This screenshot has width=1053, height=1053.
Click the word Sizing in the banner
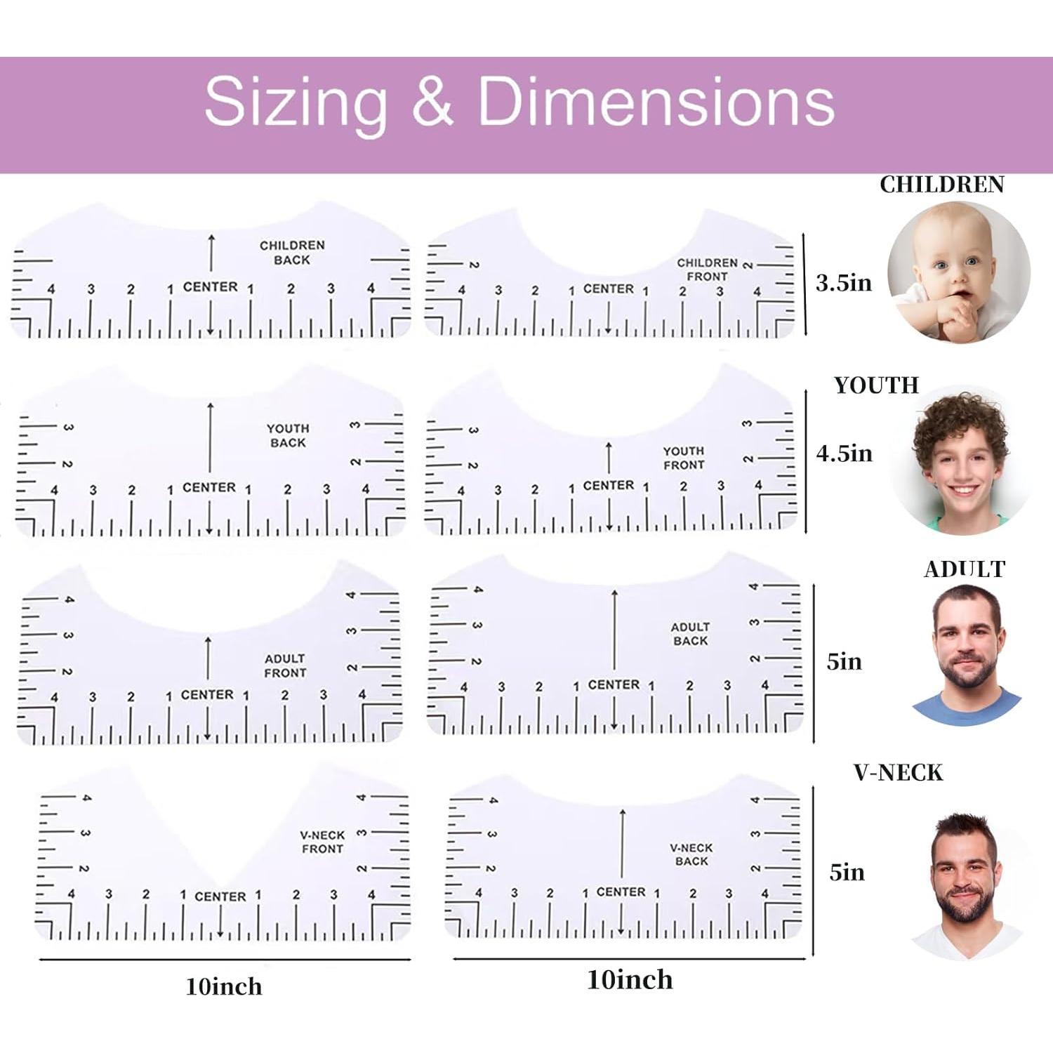click(x=295, y=102)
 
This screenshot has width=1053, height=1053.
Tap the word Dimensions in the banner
click(x=656, y=102)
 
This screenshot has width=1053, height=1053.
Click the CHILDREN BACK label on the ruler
click(x=292, y=253)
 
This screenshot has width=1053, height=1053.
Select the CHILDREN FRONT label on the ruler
click(x=707, y=270)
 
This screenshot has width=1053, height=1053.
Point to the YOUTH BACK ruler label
click(x=288, y=435)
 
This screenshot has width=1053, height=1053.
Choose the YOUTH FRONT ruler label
click(x=684, y=458)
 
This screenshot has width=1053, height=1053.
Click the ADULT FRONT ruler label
click(x=285, y=665)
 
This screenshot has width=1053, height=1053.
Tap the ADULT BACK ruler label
click(x=690, y=634)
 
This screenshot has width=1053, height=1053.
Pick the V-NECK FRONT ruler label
click(x=322, y=842)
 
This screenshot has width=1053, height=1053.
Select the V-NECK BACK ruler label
click(x=691, y=854)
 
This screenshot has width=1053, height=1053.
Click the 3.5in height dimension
click(x=844, y=283)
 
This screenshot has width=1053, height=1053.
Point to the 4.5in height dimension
click(x=844, y=453)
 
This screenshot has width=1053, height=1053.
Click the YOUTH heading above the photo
click(x=876, y=385)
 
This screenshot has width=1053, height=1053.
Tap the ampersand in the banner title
click(x=432, y=102)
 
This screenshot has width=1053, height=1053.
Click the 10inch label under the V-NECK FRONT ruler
click(x=224, y=986)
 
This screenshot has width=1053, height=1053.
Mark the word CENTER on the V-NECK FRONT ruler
click(x=220, y=896)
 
